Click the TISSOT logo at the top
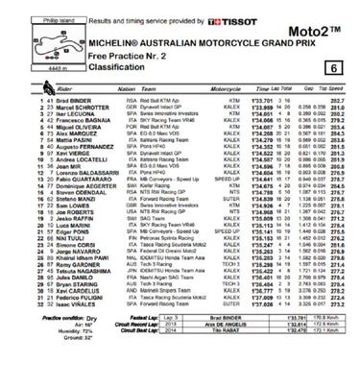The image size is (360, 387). [237, 20]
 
